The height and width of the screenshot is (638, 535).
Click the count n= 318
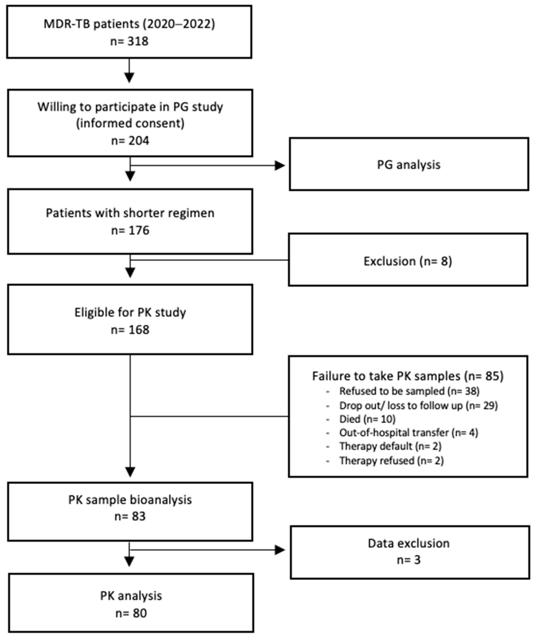coord(129,41)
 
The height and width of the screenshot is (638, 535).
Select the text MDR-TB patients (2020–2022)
coord(129,24)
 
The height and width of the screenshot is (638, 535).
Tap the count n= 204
coord(130,141)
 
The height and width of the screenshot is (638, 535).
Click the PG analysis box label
coord(409,165)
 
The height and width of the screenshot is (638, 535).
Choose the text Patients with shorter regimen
coord(130,213)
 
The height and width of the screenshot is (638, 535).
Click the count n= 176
coord(130,230)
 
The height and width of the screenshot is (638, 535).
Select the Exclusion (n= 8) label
coord(408,261)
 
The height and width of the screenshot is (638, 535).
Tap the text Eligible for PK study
coord(130,312)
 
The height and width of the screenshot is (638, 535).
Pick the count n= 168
coord(130,330)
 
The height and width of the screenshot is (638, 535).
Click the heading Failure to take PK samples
coord(408,376)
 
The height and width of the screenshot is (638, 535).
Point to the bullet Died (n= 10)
coord(367,419)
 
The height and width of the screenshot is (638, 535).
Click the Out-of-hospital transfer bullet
coord(409,433)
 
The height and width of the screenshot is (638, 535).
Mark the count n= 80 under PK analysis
coord(131,613)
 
